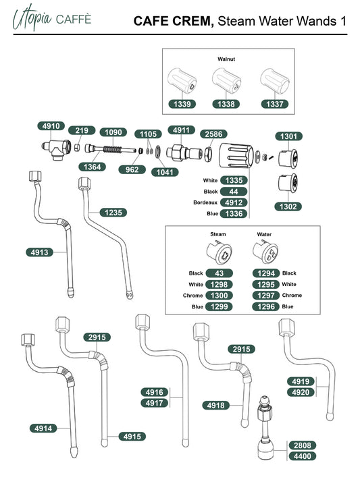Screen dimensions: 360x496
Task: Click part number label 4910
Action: pyautogui.click(x=51, y=126)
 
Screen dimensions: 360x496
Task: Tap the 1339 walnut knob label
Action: pyautogui.click(x=182, y=104)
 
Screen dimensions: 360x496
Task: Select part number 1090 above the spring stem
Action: pyautogui.click(x=113, y=132)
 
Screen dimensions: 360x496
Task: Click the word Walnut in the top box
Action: pyautogui.click(x=226, y=59)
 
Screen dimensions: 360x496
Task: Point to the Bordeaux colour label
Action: pyautogui.click(x=205, y=202)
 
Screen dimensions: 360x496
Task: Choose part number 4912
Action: pyautogui.click(x=234, y=202)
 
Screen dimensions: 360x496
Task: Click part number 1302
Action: pyautogui.click(x=288, y=206)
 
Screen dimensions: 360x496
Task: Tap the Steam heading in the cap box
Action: pyautogui.click(x=218, y=234)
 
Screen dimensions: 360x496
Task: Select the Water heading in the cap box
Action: pyautogui.click(x=264, y=234)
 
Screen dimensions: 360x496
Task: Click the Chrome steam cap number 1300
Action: pyautogui.click(x=219, y=296)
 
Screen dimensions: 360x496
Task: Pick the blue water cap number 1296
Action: pyautogui.click(x=266, y=306)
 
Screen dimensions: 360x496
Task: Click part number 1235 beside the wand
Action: pyautogui.click(x=113, y=213)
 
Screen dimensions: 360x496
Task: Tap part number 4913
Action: pyautogui.click(x=40, y=252)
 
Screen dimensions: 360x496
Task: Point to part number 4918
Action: pyautogui.click(x=215, y=405)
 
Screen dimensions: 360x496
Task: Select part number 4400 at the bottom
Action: pyautogui.click(x=303, y=456)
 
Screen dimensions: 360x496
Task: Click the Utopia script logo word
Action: pyautogui.click(x=32, y=18)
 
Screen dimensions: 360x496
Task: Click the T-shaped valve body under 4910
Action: pyautogui.click(x=56, y=149)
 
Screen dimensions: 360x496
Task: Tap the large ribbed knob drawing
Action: pyautogui.click(x=236, y=155)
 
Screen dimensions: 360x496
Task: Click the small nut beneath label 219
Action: pyautogui.click(x=76, y=147)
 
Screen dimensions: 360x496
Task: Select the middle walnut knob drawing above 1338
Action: pyautogui.click(x=226, y=80)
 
